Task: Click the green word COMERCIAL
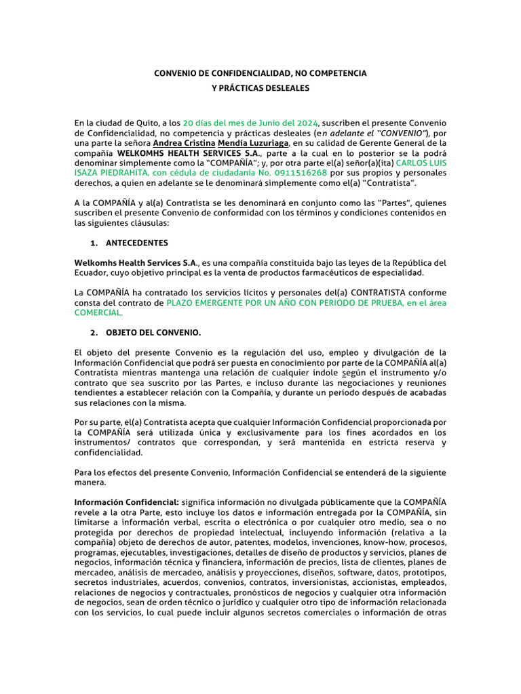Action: coord(98,313)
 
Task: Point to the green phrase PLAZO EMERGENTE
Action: coord(208,303)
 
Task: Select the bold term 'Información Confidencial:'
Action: coord(127,502)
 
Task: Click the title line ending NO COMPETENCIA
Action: coord(260,73)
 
